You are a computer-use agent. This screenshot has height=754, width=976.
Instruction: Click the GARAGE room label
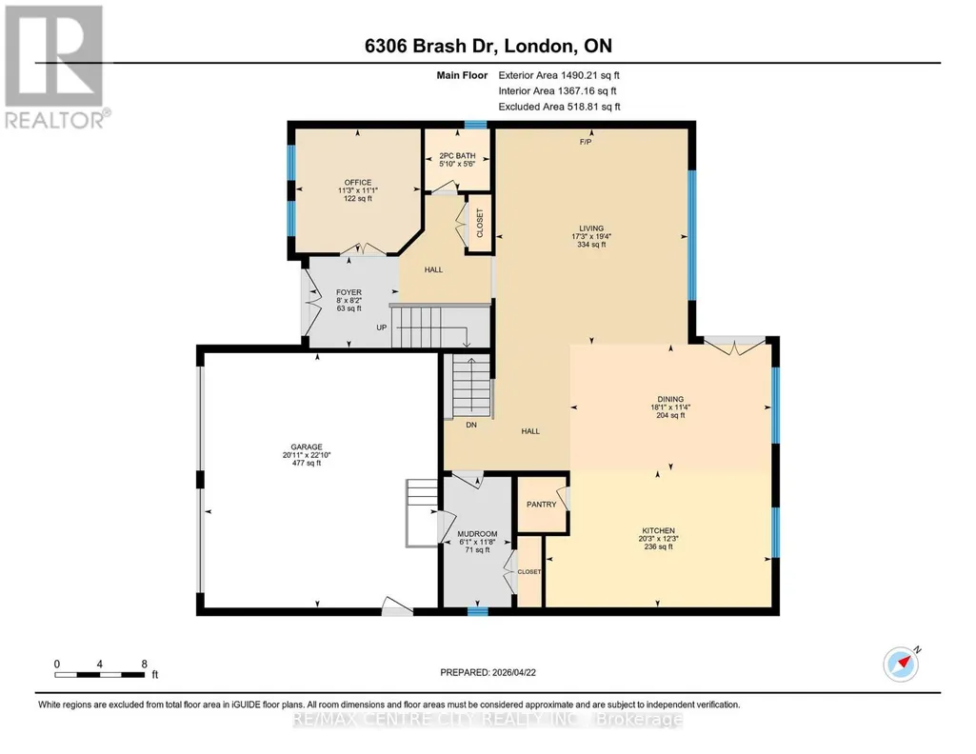307,446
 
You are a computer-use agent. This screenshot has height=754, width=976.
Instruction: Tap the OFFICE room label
358,182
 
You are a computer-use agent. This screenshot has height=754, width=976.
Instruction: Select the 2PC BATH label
457,155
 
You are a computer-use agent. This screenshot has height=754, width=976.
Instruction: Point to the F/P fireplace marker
585,142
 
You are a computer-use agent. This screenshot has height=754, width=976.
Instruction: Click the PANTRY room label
542,505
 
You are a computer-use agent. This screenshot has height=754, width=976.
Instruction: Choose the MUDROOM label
477,534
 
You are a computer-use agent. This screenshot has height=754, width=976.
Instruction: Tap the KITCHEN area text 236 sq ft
659,546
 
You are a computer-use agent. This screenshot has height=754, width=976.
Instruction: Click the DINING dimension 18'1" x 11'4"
670,407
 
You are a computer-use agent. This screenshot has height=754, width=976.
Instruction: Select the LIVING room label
591,228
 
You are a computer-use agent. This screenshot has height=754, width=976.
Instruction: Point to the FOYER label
349,292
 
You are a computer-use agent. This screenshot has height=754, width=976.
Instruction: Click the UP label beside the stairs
382,327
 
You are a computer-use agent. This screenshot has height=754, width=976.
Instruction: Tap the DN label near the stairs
471,425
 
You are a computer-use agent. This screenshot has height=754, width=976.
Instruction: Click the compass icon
902,664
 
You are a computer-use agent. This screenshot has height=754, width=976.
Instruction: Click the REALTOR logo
56,67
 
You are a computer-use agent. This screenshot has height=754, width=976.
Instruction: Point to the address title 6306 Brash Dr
430,46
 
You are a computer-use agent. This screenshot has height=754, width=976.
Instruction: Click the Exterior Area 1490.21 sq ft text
559,75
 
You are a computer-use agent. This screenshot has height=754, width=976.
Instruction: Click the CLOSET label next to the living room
480,223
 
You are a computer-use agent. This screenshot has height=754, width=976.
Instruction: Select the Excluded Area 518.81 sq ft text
560,107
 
